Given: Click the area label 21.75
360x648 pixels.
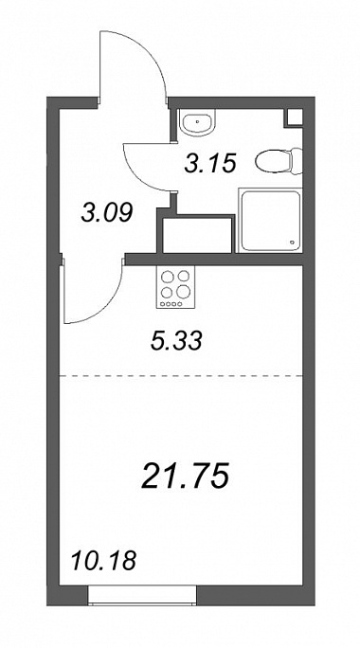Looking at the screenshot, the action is pyautogui.click(x=185, y=476).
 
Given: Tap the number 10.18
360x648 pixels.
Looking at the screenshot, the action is pyautogui.click(x=104, y=561).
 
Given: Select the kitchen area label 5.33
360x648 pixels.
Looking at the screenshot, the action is pyautogui.click(x=176, y=342).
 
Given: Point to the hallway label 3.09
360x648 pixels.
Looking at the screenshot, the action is pyautogui.click(x=107, y=214).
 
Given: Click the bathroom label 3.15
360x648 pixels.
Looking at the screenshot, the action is pyautogui.click(x=210, y=163).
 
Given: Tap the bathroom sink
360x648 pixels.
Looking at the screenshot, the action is pyautogui.click(x=198, y=122).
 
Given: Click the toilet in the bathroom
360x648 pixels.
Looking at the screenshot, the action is pyautogui.click(x=279, y=161).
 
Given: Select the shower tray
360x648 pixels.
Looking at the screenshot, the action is pyautogui.click(x=269, y=221).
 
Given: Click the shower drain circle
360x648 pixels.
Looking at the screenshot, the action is pyautogui.click(x=293, y=243).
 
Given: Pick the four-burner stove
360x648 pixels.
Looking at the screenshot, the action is pyautogui.click(x=175, y=287).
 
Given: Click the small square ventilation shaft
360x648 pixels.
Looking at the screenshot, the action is pyautogui.click(x=293, y=117).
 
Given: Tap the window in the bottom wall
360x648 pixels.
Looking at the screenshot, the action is pyautogui.click(x=142, y=595).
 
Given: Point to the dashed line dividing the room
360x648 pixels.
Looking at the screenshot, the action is pyautogui.click(x=182, y=376).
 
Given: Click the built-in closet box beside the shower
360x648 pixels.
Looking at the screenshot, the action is pyautogui.click(x=197, y=235).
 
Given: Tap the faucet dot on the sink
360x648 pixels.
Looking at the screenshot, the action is pyautogui.click(x=198, y=121).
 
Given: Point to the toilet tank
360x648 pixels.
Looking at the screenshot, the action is pyautogui.click(x=297, y=161).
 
